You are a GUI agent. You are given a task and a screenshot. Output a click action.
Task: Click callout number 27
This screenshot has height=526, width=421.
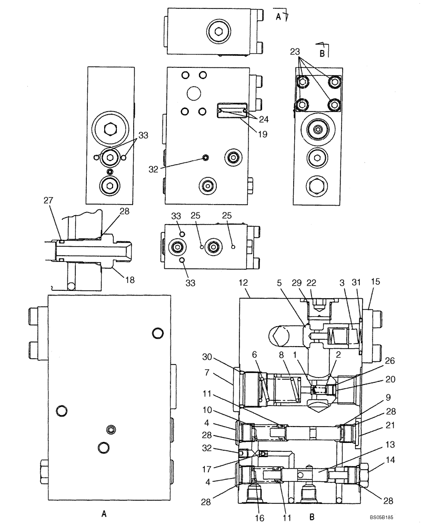click(x=49, y=200)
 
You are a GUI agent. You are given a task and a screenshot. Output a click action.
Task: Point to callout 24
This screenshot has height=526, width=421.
click(x=263, y=119)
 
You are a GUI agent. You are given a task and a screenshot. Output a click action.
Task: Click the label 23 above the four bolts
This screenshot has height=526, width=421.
click(x=295, y=52)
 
